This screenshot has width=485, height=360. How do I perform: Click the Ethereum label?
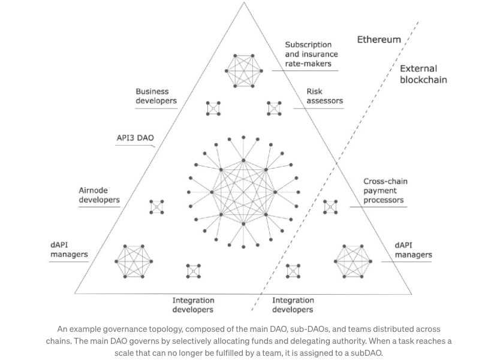[379, 40]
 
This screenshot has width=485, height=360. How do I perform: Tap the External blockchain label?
[418, 74]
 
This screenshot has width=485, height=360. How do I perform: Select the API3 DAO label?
[135, 138]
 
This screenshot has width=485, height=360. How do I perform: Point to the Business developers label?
[156, 96]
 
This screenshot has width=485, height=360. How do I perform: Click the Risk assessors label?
[324, 96]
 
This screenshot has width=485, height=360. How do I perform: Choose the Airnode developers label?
[100, 195]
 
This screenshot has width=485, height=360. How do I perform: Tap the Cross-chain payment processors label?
[384, 190]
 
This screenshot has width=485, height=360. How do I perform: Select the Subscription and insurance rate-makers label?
[308, 54]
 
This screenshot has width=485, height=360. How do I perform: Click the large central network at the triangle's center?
[243, 192]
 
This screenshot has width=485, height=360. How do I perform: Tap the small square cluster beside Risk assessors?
[274, 108]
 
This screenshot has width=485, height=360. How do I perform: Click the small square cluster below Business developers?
[213, 108]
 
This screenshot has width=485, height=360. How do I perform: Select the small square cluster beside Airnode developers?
[157, 207]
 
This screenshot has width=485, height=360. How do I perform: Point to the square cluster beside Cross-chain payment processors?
[330, 207]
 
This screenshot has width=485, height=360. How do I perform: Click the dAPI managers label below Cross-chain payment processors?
[413, 250]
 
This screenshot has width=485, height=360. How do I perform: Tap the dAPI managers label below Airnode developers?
[69, 250]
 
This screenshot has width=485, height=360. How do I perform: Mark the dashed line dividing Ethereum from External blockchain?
[336, 168]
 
